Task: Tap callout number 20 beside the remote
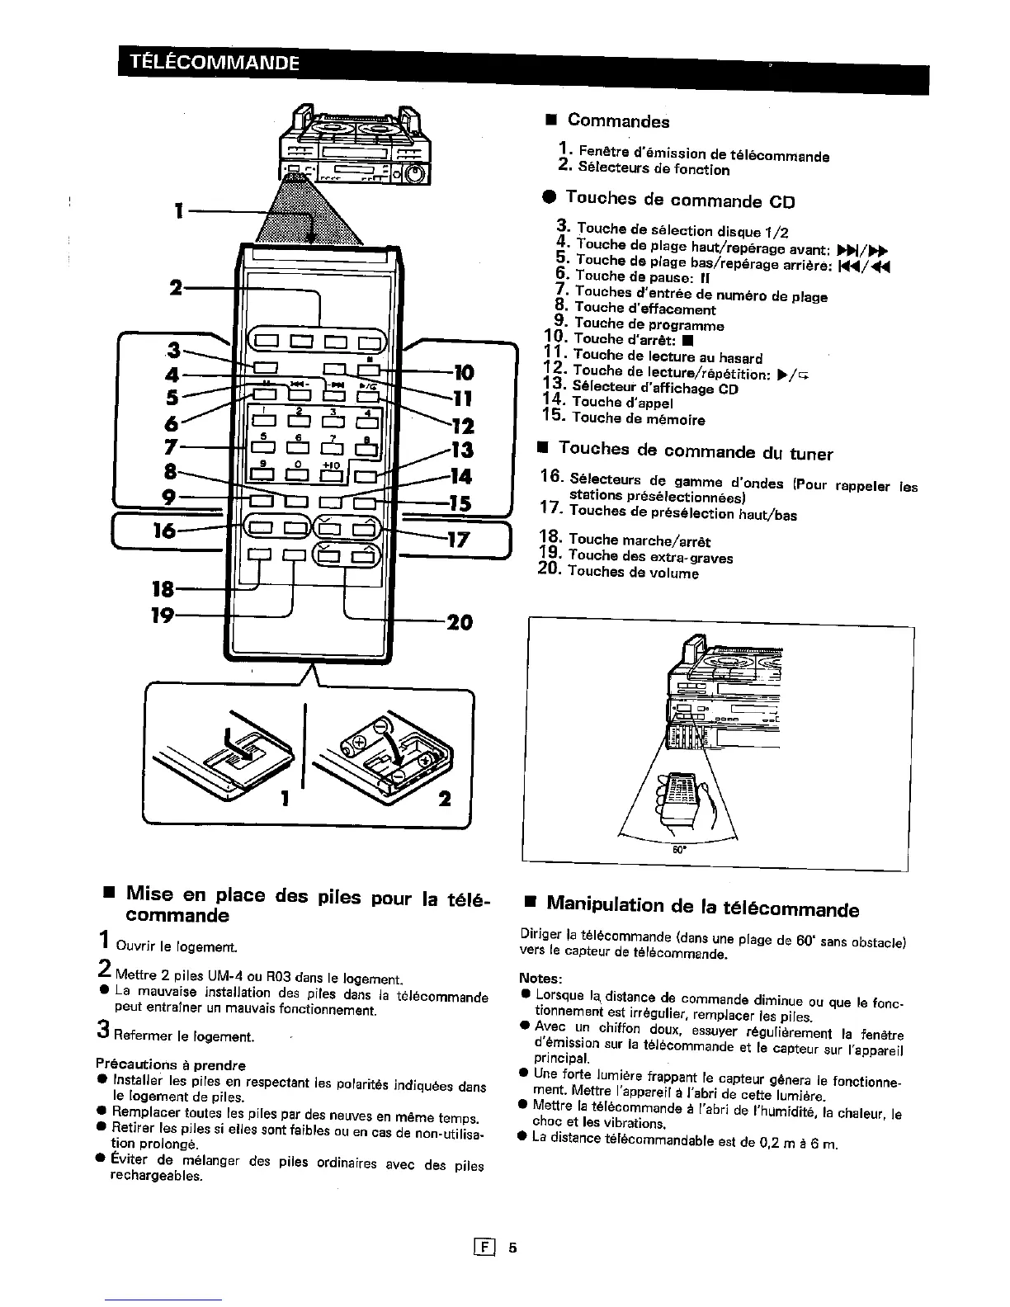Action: pyautogui.click(x=459, y=621)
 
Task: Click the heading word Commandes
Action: pyautogui.click(x=618, y=121)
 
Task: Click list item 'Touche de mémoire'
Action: pyautogui.click(x=638, y=419)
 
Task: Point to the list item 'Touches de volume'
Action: pyautogui.click(x=633, y=572)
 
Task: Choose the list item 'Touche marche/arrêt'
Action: pyautogui.click(x=640, y=541)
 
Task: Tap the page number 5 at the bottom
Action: pyautogui.click(x=512, y=1247)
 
